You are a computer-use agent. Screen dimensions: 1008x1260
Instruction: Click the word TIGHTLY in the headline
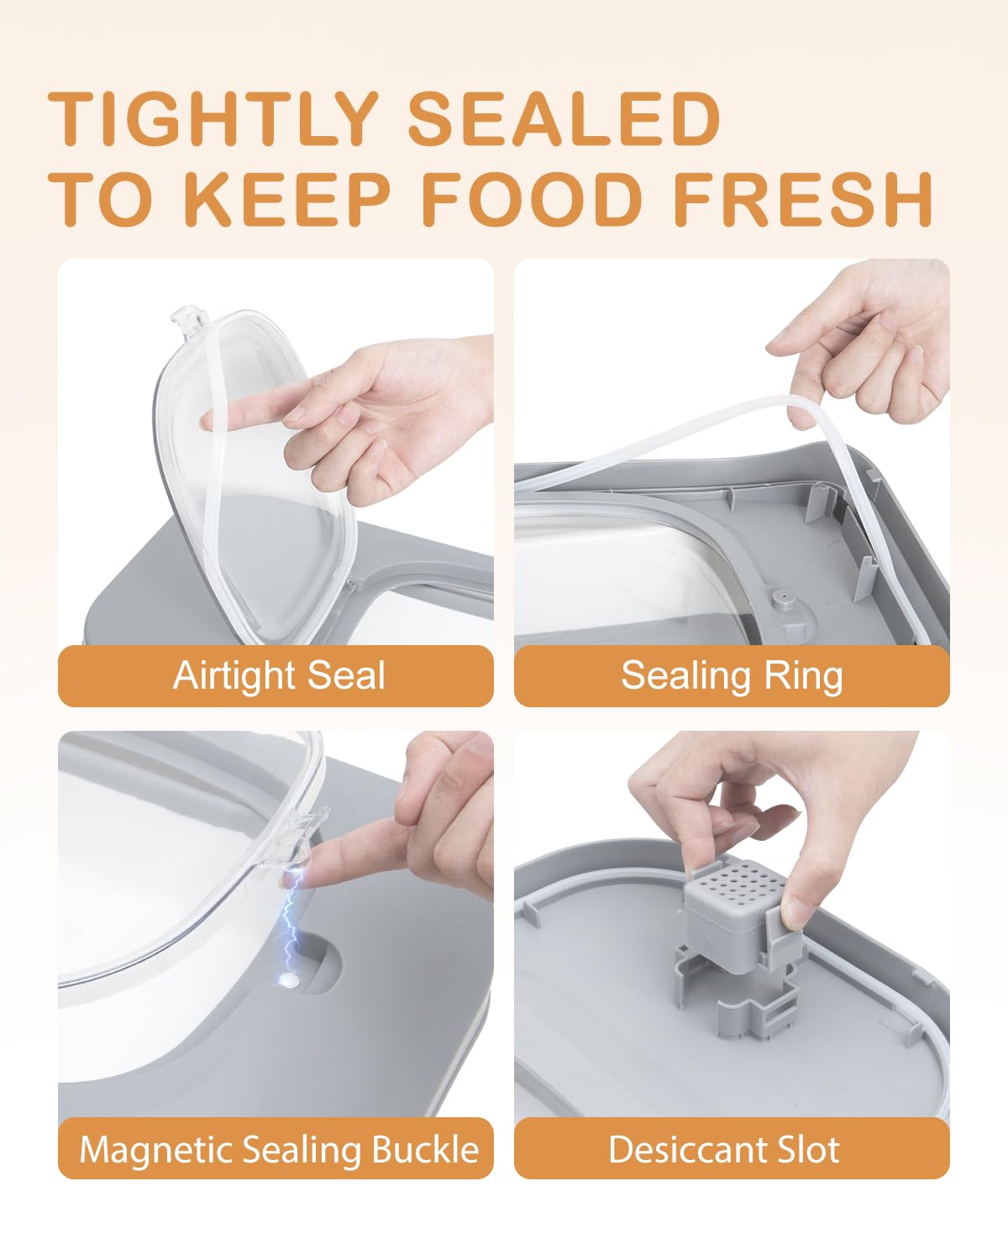coord(213,118)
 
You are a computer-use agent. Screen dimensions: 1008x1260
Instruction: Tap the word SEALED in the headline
coord(564,118)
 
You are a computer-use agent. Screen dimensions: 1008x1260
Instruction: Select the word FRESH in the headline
coord(803,199)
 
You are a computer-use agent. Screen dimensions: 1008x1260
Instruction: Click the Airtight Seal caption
coord(279,675)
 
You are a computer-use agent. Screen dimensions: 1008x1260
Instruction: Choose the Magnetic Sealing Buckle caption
coord(280,1150)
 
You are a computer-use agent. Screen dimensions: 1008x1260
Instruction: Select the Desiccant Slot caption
coord(724,1149)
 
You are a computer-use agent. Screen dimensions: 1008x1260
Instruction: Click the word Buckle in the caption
coord(426,1149)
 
